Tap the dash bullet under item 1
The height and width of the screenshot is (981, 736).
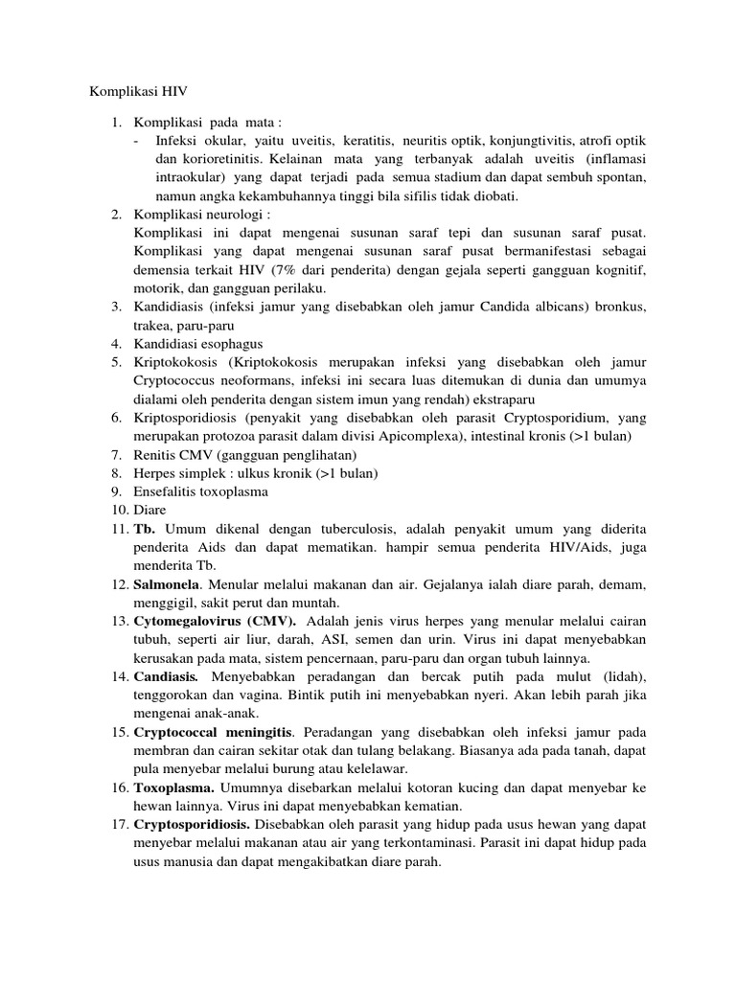(138, 141)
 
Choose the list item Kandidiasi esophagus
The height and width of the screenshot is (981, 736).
(198, 343)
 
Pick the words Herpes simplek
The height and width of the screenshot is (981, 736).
(178, 473)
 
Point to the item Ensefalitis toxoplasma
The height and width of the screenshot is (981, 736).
(201, 491)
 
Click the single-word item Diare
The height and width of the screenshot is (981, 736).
(149, 510)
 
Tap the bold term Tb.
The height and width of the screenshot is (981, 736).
(146, 529)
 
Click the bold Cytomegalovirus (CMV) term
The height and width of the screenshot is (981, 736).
(202, 622)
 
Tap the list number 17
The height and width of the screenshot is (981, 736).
(117, 825)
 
